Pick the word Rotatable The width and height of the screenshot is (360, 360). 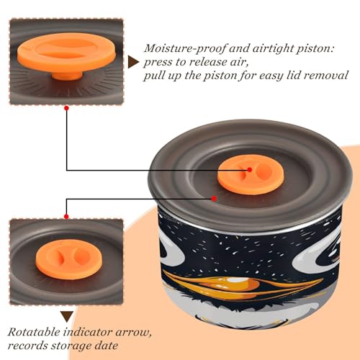pos(34,333)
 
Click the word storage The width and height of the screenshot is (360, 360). pos(71,346)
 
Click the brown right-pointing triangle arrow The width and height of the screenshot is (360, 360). pos(133,63)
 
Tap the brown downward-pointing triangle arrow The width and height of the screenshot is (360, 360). pos(67,317)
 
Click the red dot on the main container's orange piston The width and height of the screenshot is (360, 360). pos(250,170)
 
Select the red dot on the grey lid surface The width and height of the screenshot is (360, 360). pos(214,199)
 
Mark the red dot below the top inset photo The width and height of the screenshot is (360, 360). pos(67,108)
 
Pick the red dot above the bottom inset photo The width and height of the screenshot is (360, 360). pos(66,217)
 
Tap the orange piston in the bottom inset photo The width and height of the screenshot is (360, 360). pos(69,259)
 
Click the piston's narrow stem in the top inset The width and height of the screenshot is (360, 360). pos(67,75)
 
